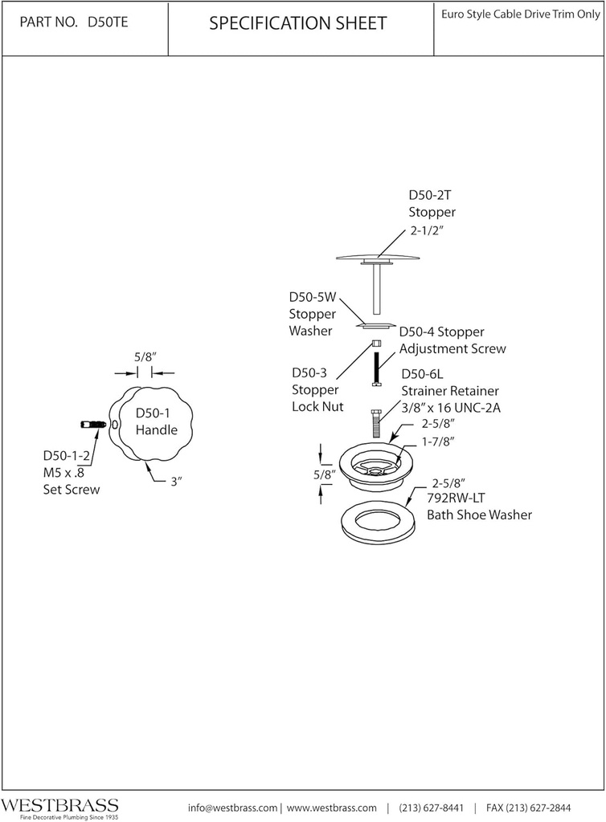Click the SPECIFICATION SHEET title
tap(297, 24)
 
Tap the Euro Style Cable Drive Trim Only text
tap(519, 14)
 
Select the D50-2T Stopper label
tap(432, 204)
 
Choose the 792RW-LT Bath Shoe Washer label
tap(479, 507)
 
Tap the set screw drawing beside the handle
tap(94, 424)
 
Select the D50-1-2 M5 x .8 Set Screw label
tap(72, 472)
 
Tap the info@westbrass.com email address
tap(232, 808)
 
